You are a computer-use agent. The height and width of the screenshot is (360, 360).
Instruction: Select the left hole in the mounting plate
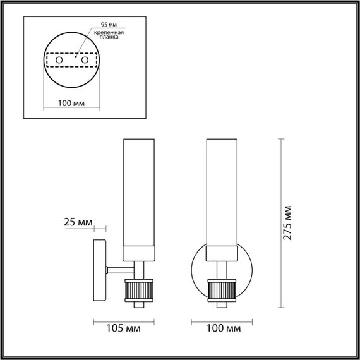coord(59,61)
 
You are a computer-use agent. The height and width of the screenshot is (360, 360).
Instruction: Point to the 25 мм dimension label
coord(78,222)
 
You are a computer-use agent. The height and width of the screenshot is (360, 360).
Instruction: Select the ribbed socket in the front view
coord(222,289)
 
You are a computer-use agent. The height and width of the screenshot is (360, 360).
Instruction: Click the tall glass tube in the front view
coord(222,189)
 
